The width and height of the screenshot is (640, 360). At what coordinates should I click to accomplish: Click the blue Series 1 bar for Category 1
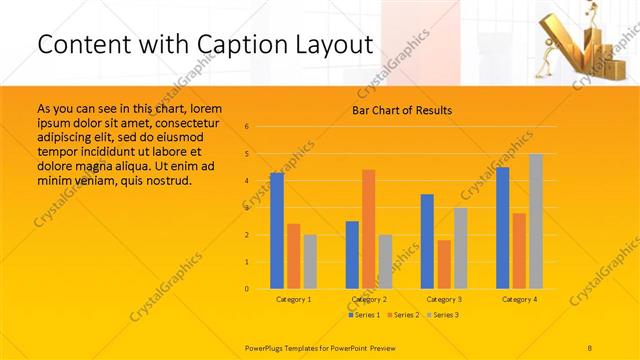click(x=277, y=231)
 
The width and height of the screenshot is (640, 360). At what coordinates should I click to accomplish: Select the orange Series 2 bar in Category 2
click(x=368, y=229)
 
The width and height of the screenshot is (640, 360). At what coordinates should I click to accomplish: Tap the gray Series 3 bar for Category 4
click(x=536, y=221)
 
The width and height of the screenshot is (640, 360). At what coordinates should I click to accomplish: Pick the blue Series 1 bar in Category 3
click(x=427, y=241)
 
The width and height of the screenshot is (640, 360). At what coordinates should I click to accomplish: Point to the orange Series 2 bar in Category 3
click(x=444, y=264)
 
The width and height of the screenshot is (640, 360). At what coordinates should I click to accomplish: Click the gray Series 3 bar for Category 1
click(x=310, y=262)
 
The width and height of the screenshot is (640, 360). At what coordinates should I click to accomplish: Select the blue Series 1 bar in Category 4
click(x=502, y=228)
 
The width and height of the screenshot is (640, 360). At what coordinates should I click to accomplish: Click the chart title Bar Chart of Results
click(x=402, y=110)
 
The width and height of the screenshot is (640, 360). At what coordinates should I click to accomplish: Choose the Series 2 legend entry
click(x=402, y=315)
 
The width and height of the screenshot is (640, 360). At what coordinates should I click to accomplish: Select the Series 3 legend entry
click(x=440, y=315)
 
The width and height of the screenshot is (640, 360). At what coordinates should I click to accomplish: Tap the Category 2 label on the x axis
click(x=368, y=299)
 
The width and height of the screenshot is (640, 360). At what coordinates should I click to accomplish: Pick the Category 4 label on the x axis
click(x=518, y=299)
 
